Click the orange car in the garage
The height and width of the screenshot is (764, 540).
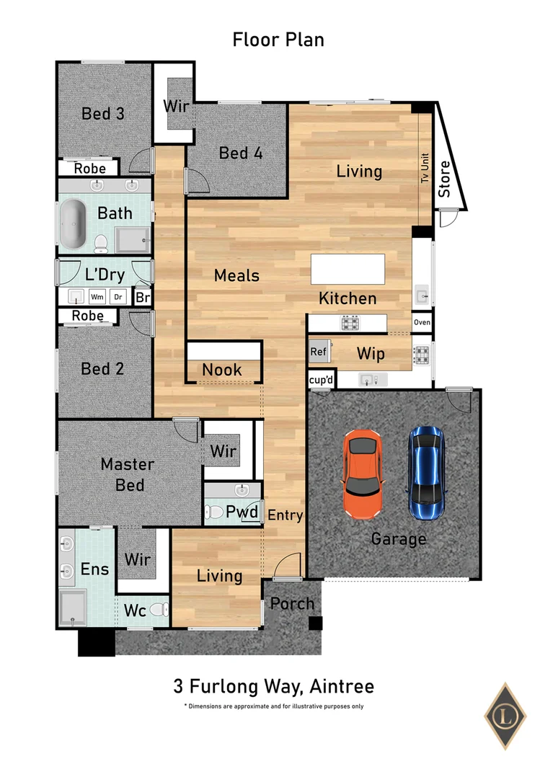point(363,474)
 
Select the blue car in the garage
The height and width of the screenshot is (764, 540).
point(425,473)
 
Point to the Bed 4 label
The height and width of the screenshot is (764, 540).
point(240,153)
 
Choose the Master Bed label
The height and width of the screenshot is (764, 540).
point(127,474)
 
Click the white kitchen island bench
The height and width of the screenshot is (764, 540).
point(348,270)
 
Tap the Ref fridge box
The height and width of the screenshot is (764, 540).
point(318,352)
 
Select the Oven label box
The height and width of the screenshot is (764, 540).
point(422,322)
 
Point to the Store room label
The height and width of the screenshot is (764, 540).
point(445,179)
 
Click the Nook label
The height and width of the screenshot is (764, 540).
point(221,370)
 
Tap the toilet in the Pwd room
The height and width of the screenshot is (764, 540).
point(214,512)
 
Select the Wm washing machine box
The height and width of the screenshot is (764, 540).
point(97,297)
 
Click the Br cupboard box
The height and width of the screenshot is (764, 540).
point(142,297)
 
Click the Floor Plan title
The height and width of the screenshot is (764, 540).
point(278,39)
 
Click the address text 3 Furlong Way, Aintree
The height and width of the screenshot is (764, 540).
point(273,685)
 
